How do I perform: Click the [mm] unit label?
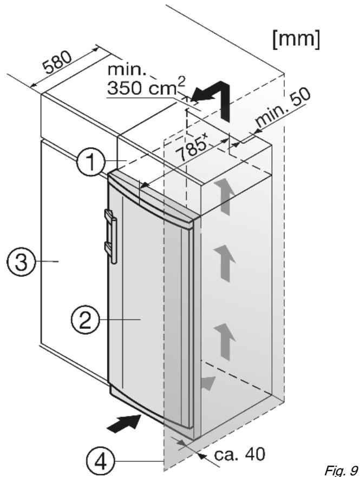pyautogui.click(x=296, y=39)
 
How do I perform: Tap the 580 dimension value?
pyautogui.click(x=58, y=62)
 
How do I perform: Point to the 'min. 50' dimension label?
pyautogui.click(x=283, y=108)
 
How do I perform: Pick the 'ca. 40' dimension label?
pyautogui.click(x=240, y=454)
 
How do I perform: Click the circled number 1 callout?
pyautogui.click(x=91, y=162)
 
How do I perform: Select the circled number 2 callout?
pyautogui.click(x=85, y=320)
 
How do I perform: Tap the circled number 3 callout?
pyautogui.click(x=21, y=262)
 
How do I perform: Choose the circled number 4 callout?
pyautogui.click(x=101, y=462)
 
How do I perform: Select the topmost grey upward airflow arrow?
pyautogui.click(x=225, y=196)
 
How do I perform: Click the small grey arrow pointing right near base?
pyautogui.click(x=208, y=383)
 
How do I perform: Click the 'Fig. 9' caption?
pyautogui.click(x=341, y=469)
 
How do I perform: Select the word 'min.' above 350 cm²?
pyautogui.click(x=127, y=70)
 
